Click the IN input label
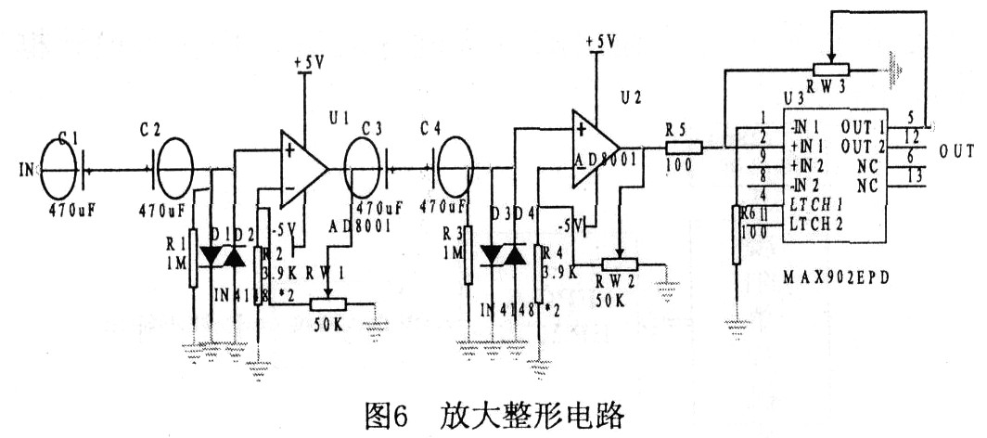(26, 170)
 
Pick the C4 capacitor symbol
(452, 168)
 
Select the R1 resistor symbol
(193, 256)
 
